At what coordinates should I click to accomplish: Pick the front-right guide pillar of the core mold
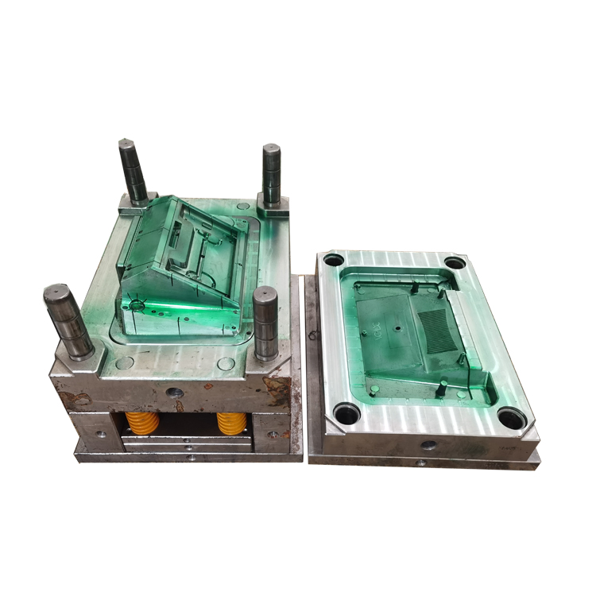(x=265, y=321)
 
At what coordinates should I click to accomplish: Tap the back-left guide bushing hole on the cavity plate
(x=334, y=260)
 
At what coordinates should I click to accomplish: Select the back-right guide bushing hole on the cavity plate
(x=454, y=263)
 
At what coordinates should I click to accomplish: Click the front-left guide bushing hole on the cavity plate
(x=346, y=412)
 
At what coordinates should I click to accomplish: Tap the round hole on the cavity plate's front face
(x=429, y=446)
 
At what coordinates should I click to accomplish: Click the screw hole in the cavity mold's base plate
(x=421, y=462)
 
